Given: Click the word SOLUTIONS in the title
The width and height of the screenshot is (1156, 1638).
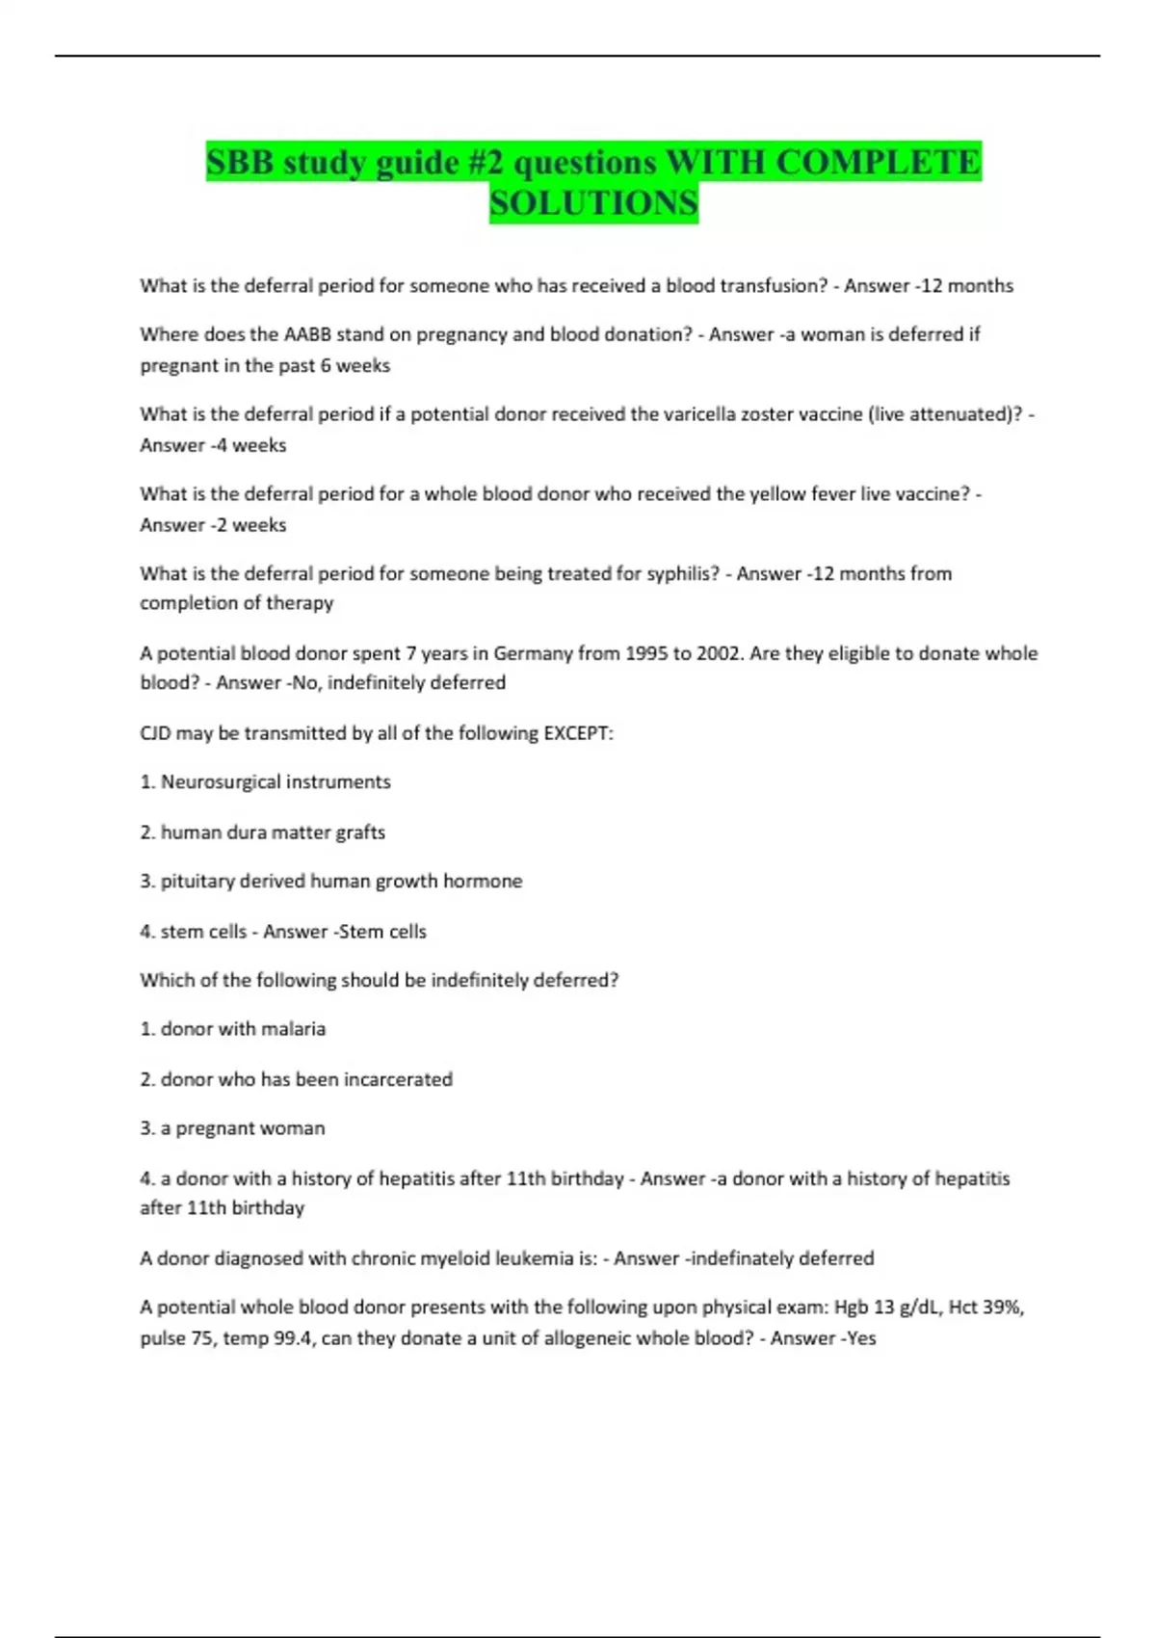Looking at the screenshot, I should [593, 203].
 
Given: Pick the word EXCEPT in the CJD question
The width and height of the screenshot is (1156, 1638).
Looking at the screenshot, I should [578, 733].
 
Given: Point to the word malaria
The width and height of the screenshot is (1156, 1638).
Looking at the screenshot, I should [293, 1029].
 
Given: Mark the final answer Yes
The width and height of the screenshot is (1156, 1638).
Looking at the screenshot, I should [860, 1338].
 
